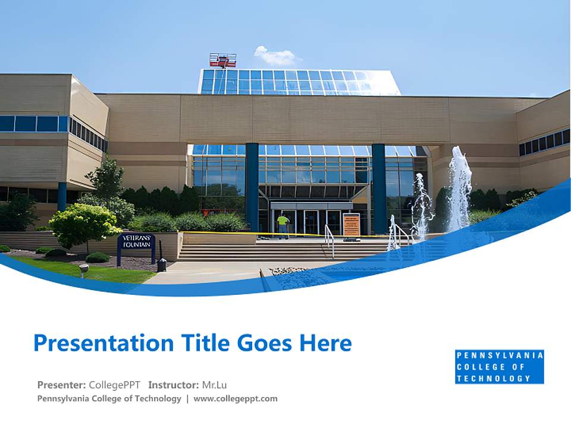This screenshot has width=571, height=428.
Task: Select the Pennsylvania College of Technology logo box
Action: pos(499,367)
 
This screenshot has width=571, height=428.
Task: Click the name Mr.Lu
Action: pos(214,385)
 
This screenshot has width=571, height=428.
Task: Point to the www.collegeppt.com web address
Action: pos(236,398)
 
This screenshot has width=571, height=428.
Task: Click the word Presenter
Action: pos(61,385)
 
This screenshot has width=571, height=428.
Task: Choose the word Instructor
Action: pos(173,385)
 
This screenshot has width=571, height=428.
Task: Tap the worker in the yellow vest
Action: pos(283,225)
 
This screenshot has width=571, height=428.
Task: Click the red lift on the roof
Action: pos(222,60)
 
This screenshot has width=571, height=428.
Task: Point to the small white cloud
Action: pos(275,56)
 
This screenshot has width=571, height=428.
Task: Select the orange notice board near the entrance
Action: pos(351,225)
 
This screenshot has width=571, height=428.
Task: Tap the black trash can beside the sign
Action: pos(162,265)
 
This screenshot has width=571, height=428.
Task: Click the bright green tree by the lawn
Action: pos(84,223)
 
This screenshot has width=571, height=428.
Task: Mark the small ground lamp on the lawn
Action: pos(84,270)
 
